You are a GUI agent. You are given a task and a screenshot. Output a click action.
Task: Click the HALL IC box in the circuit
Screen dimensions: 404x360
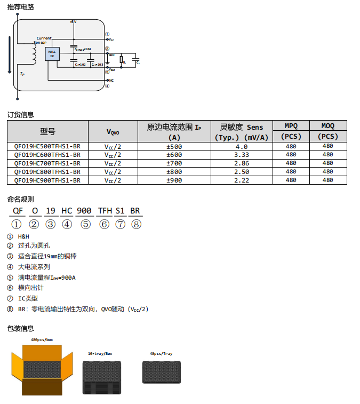(52, 54)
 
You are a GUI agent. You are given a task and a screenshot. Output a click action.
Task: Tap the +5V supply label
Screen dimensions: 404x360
(73, 21)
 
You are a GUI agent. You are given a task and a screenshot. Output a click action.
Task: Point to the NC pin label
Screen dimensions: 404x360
(111, 80)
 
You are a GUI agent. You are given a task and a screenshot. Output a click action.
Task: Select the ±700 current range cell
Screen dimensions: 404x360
(174, 163)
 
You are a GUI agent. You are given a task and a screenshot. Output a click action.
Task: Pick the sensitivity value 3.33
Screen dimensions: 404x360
(241, 155)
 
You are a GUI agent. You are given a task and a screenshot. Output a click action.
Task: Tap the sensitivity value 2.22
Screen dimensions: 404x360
(241, 180)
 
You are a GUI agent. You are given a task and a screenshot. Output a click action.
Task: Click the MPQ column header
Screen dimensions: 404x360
(291, 126)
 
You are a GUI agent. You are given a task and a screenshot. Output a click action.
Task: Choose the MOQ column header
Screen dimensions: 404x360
(327, 126)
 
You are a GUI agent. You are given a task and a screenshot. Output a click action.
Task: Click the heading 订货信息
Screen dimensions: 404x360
(20, 114)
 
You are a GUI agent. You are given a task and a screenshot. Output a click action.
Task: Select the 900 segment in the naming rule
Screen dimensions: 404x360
(84, 211)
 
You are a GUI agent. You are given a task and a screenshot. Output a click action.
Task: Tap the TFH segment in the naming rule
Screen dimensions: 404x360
(105, 211)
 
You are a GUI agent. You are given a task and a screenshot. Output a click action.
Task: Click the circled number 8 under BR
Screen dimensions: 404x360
(137, 224)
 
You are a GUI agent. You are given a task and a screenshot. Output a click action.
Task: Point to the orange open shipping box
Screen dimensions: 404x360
(42, 368)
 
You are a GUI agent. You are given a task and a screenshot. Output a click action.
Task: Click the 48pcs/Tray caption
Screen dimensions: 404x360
(161, 354)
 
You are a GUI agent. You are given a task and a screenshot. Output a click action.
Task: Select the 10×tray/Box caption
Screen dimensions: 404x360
(100, 354)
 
